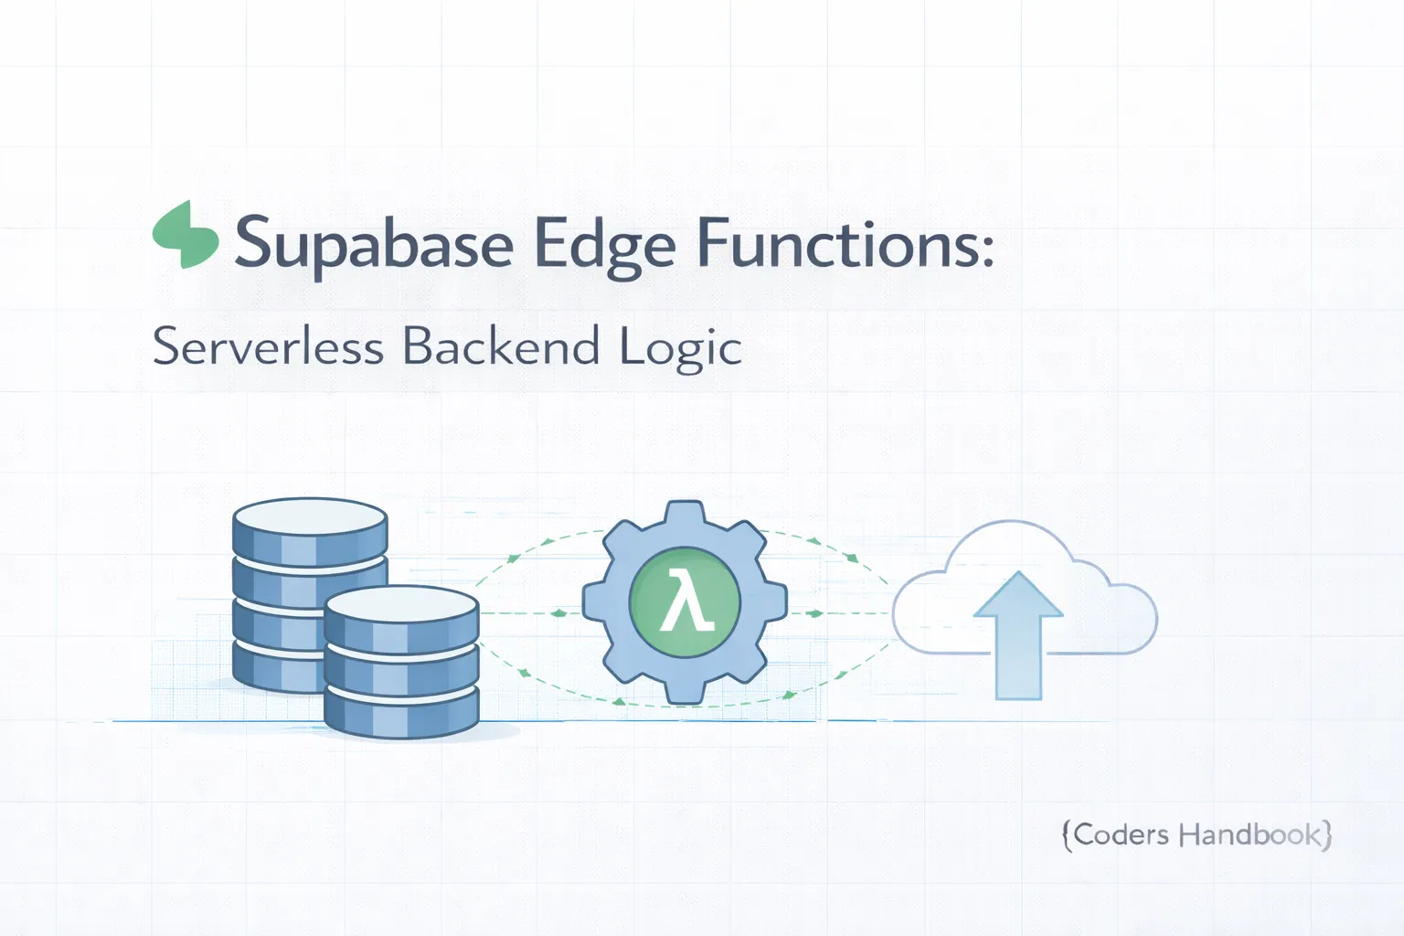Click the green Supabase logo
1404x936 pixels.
tap(186, 234)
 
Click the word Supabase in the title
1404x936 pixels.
tap(374, 244)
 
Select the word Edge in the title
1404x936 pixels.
tap(604, 244)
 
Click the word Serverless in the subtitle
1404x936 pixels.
tap(267, 347)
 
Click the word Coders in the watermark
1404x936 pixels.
tap(1122, 835)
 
